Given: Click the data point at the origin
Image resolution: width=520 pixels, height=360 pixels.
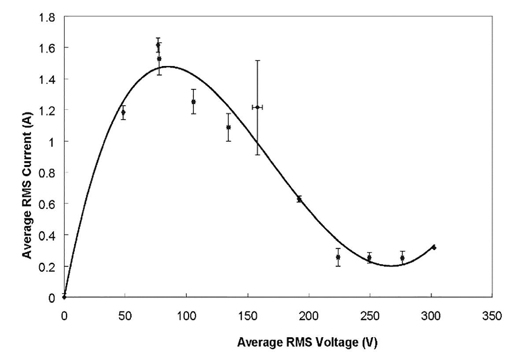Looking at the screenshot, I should tap(64, 297).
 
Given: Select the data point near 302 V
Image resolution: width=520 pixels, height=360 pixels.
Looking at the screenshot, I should tap(434, 247).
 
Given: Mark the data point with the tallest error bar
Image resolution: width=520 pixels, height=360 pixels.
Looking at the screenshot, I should tap(258, 107).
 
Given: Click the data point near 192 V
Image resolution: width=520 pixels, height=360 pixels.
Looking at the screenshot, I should tap(299, 199).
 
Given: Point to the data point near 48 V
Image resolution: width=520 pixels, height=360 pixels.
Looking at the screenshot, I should tap(123, 112).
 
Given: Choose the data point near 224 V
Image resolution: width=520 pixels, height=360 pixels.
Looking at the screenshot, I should tap(338, 257).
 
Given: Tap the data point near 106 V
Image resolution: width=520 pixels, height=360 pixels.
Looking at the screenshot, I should tap(193, 102).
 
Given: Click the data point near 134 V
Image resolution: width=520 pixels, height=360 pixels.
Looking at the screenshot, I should tap(229, 127).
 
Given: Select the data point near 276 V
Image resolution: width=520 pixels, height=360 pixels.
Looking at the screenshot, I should tap(402, 258).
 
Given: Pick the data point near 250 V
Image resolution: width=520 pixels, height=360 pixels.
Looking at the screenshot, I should tap(369, 257).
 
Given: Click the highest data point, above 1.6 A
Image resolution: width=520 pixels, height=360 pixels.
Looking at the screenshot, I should tap(158, 45).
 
